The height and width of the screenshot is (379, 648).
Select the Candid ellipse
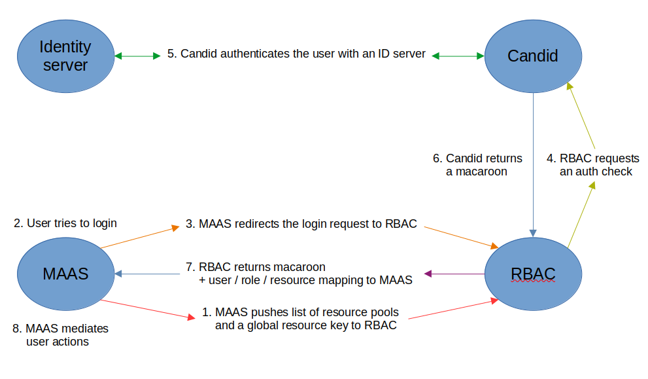click(x=532, y=56)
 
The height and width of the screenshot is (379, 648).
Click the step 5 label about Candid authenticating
click(x=296, y=54)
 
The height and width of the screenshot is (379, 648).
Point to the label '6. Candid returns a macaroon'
click(x=477, y=165)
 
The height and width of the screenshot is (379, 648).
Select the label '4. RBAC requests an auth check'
click(x=593, y=165)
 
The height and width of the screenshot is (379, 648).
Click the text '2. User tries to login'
click(x=65, y=223)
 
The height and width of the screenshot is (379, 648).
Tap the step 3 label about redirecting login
click(x=301, y=224)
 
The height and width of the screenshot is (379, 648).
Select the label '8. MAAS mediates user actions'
click(x=60, y=334)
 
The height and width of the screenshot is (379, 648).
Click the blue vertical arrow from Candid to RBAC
click(x=534, y=164)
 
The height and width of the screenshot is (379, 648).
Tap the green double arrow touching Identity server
click(x=137, y=56)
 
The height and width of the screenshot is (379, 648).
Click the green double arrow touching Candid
click(x=458, y=56)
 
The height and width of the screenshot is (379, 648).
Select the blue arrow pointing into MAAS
click(x=151, y=274)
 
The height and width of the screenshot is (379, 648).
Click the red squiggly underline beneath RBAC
click(x=532, y=283)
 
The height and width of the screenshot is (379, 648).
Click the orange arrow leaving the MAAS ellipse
click(x=140, y=237)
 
